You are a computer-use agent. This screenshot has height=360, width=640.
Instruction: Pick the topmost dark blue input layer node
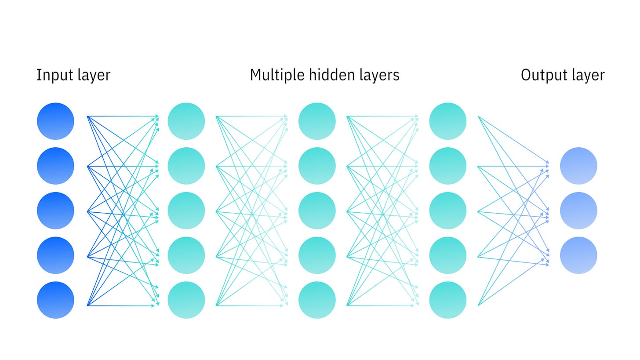pos(55,121)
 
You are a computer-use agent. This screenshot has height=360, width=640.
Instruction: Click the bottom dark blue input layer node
pos(55,300)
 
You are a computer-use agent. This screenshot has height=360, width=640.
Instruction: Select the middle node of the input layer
pos(55,211)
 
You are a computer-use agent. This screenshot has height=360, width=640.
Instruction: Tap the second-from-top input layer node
pos(55,166)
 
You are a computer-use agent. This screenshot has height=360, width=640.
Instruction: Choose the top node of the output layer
pos(578,166)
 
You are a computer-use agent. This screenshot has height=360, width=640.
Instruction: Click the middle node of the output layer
pos(578,211)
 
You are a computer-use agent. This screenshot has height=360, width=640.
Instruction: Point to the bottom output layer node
pos(578,255)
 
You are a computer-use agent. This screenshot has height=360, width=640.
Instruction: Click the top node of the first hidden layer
pos(186,121)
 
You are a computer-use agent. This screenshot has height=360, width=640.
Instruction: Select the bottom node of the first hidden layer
pos(186,300)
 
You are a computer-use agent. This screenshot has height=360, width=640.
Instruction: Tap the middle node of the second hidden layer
pos(317,211)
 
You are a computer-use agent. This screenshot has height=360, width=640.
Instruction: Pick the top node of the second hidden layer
pos(317,121)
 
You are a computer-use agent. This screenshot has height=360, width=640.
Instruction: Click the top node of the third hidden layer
pos(447,121)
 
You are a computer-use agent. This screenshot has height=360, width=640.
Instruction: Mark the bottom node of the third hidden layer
pos(447,300)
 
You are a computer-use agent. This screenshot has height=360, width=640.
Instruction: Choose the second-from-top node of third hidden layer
pos(447,166)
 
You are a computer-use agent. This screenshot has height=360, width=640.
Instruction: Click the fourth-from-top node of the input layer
pos(55,255)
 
